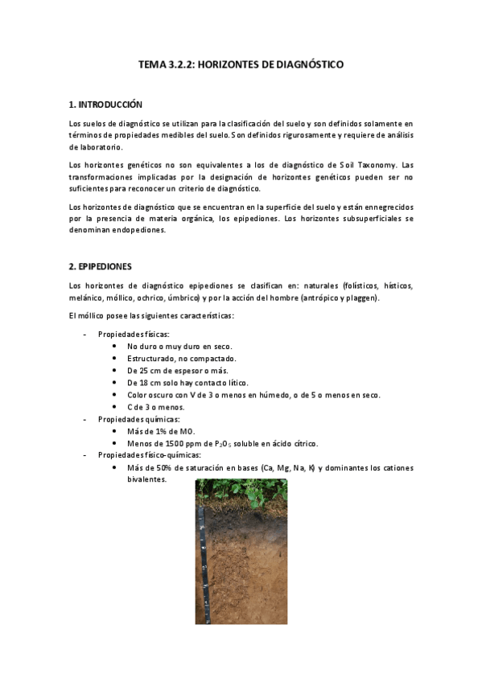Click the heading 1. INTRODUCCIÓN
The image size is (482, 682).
[105, 105]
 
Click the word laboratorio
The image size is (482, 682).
[97, 147]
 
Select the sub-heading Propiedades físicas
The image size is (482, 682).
[134, 335]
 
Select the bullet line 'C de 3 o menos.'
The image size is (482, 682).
[156, 407]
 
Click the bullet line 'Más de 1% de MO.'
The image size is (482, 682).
[161, 431]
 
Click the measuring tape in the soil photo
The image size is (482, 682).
[200, 563]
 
